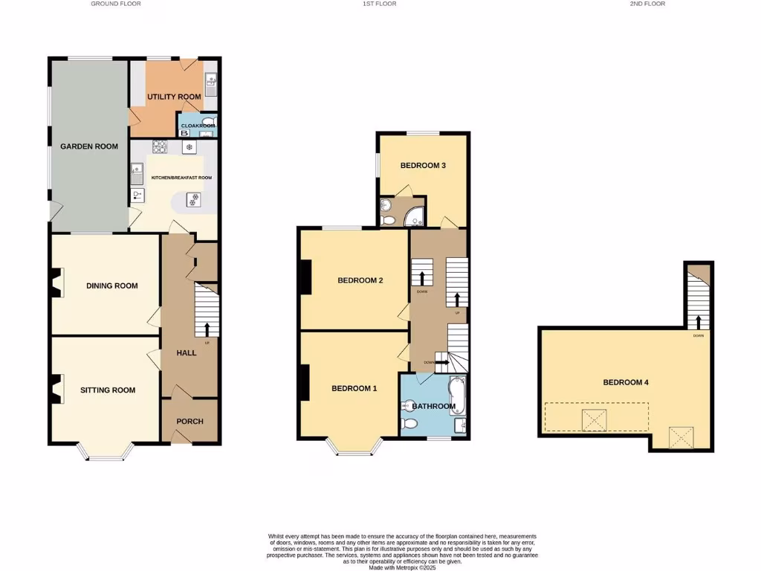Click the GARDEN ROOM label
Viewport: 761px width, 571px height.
pos(89,146)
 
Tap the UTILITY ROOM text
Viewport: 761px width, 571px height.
pos(174,97)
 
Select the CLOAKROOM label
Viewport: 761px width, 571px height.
pos(198,126)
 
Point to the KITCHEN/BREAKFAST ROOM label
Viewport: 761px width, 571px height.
pos(182,178)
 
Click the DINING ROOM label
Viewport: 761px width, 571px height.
pos(111,285)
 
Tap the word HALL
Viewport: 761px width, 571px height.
pos(186,352)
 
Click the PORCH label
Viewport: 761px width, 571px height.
pos(190,422)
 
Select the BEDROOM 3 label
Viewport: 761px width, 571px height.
pos(423,165)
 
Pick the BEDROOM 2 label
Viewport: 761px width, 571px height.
pos(360,280)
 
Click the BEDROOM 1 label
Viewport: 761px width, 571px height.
pos(354,389)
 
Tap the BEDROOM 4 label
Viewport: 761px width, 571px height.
pos(626,382)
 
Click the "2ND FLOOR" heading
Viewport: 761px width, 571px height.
pos(647,4)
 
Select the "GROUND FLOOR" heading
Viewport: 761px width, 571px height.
pos(116,4)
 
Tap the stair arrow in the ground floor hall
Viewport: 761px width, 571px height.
pos(207,329)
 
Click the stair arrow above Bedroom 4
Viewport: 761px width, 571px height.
pos(699,322)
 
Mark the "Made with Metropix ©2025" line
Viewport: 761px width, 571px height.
pos(401,567)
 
